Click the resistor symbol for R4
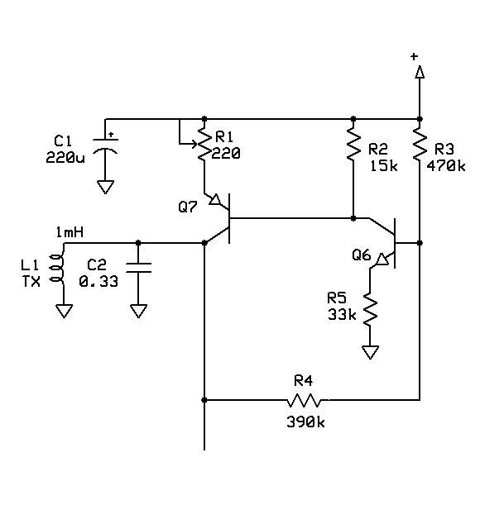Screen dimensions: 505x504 pos(304,401)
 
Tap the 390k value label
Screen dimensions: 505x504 pos(304,422)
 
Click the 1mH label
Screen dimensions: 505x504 pos(70,233)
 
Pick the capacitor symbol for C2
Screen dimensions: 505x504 pos(138,268)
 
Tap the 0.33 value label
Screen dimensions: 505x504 pos(98,280)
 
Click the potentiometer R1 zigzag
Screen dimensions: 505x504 pos(204,146)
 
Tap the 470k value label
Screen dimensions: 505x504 pos(446,164)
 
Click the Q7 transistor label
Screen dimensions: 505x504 pos(188,207)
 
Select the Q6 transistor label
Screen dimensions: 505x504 pos(361,255)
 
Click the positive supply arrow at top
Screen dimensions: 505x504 pos(420,74)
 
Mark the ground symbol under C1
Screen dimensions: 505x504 pos(105,188)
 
